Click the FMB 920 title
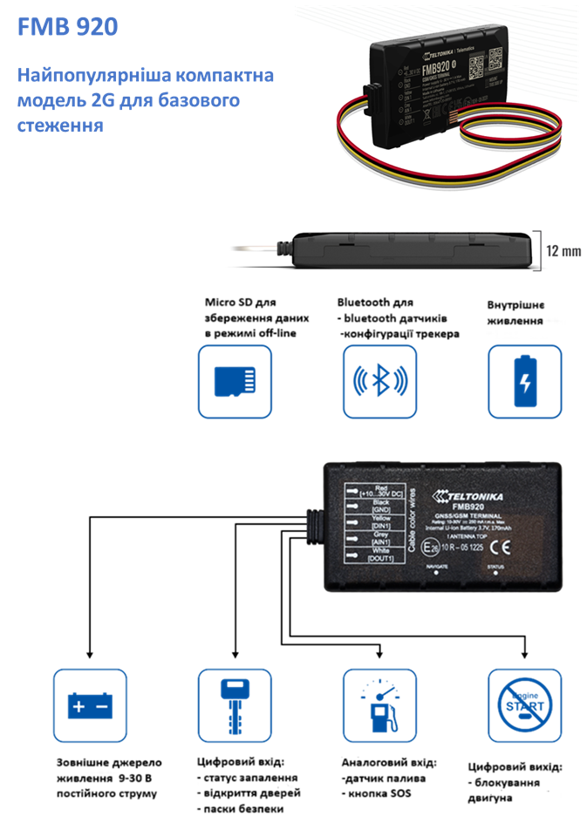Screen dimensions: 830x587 66,28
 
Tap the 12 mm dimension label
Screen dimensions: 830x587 563,251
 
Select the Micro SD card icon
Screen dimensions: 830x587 234,381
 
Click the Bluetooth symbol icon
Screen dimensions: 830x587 379,381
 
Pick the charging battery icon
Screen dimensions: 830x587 524,381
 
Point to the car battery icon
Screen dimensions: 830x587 89,705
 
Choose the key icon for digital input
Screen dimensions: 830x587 235,705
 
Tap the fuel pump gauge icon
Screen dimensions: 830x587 379,705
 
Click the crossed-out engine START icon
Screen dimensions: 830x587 524,705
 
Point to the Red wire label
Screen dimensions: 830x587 379,491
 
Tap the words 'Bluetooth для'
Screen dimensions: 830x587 375,303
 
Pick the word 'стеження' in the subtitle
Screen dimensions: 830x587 60,126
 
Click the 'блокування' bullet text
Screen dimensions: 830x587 510,782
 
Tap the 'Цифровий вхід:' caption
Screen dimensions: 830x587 241,761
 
